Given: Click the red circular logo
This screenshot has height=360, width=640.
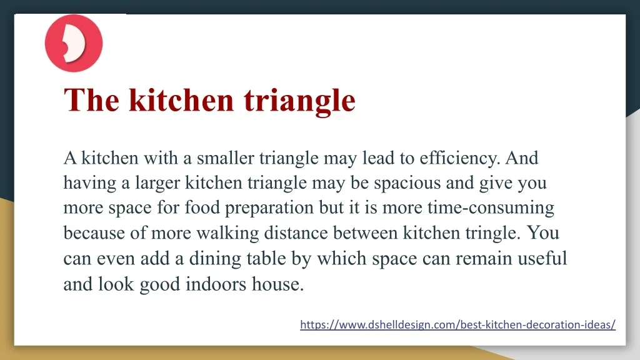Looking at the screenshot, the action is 74,43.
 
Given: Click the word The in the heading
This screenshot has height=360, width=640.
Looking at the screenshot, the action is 92,100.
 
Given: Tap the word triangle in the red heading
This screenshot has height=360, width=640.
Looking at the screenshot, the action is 299,101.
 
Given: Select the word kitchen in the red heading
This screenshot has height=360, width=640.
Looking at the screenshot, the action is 181,99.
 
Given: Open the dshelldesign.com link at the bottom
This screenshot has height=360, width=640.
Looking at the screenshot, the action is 457,324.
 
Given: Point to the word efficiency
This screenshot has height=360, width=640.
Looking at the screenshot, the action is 459,158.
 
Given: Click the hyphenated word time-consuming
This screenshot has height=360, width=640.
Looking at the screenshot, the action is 491,208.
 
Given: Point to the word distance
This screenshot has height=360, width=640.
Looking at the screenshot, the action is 296,233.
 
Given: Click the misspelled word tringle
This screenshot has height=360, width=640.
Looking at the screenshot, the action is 492,234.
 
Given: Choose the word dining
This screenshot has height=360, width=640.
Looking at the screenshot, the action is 215,259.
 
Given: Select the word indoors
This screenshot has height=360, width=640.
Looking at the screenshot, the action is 216,284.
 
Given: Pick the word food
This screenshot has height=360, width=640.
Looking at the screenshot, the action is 202,207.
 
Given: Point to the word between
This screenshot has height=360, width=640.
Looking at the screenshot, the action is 365,233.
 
